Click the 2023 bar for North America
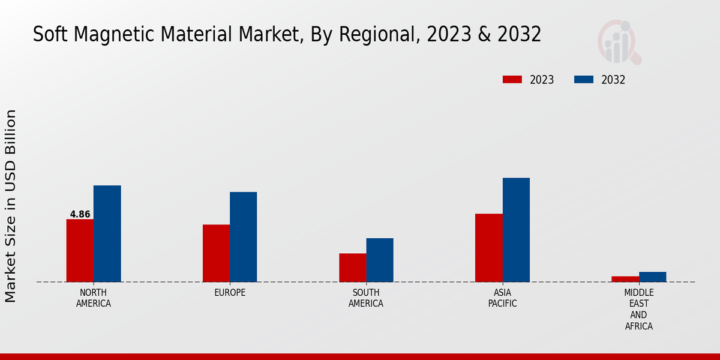80,250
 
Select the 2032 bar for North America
107,233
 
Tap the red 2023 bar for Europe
216,253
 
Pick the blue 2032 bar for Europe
243,237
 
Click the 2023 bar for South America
352,268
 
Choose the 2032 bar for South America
380,260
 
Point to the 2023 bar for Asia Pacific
488,248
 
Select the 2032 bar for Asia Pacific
516,230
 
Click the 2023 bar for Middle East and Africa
625,279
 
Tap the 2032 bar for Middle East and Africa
652,277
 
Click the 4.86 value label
80,214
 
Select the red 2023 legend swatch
512,80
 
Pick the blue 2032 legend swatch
584,80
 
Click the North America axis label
93,298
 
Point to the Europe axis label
230,292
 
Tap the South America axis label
366,298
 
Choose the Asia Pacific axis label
502,298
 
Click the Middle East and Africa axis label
638,309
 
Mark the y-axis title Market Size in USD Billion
11,206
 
